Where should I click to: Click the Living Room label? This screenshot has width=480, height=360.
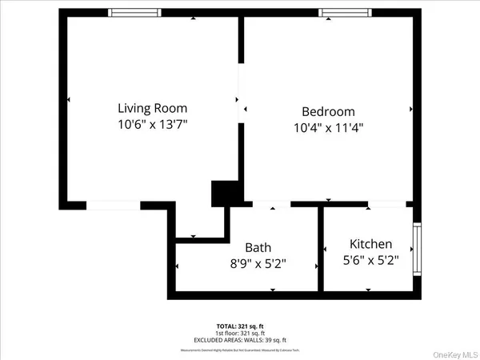coord(153,108)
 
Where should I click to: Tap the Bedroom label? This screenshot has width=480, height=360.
coord(327,112)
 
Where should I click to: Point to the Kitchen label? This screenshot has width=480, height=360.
coord(370,244)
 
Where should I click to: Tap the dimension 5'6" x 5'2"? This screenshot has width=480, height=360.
coord(370,260)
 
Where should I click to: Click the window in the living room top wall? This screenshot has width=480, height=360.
coord(134,13)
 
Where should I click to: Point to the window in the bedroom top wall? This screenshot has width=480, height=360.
coord(345,13)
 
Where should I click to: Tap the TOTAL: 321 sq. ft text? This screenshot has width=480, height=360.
coord(240,326)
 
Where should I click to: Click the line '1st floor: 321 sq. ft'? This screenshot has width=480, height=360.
coord(240,334)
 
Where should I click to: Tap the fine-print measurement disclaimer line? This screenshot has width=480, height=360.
coord(240,350)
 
